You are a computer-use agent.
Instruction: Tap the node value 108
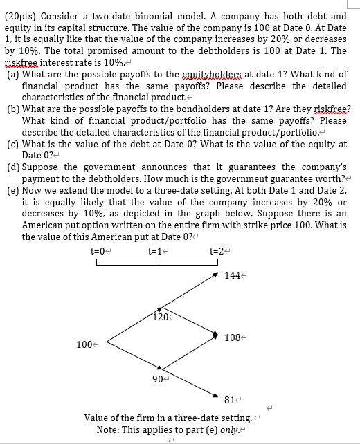[x=233, y=337]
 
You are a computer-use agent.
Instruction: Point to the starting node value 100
[x=84, y=343]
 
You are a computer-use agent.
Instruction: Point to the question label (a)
[x=12, y=75]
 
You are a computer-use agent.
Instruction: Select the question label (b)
[x=12, y=109]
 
